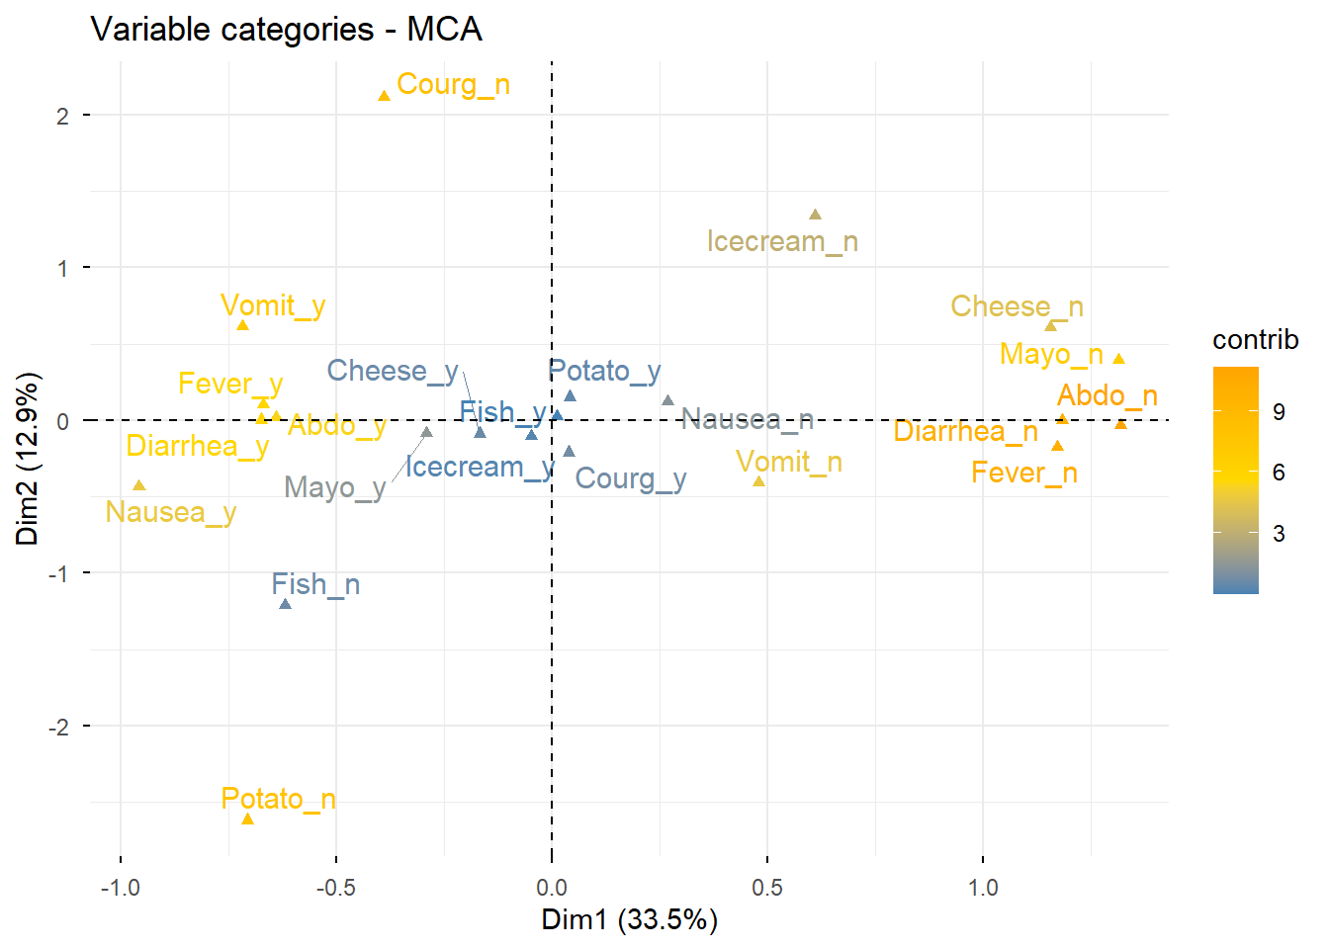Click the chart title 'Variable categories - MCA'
pos(287,29)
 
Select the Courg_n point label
pos(453,85)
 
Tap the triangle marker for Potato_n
pos(247,819)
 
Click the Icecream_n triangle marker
pos(815,215)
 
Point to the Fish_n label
pos(315,585)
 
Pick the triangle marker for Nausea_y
pos(139,485)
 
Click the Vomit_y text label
pos(273,306)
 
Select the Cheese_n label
pos(1017,306)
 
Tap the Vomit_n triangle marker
pos(758,481)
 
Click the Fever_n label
pos(1023,474)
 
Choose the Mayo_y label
pos(334,487)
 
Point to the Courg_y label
pos(630,479)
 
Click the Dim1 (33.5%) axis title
pos(629,920)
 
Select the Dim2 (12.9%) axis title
pos(27,459)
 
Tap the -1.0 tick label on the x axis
pos(120,888)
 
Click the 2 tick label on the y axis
pos(63,116)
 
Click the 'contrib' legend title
pos(1255,340)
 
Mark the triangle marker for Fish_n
pos(285,604)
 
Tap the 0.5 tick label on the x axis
pos(766,888)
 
